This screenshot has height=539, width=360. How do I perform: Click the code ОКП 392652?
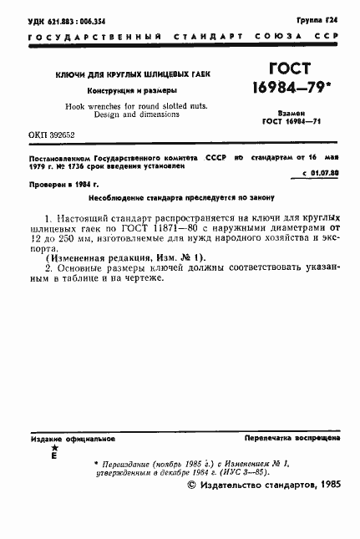tap(52, 135)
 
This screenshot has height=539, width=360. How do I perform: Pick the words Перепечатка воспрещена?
tap(291, 438)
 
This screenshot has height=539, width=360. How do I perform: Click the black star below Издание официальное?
tap(55, 449)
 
